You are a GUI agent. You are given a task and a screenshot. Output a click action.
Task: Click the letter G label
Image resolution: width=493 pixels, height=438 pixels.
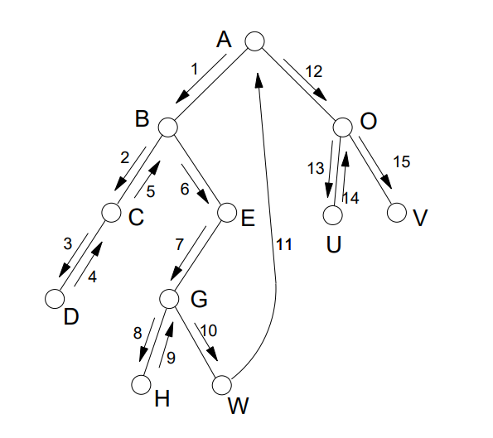[199, 299]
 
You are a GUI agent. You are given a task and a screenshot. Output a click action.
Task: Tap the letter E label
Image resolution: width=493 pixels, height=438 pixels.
[248, 218]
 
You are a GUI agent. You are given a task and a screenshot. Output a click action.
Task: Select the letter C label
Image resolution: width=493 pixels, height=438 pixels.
[136, 217]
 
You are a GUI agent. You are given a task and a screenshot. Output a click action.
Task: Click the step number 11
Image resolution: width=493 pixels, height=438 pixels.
[284, 244]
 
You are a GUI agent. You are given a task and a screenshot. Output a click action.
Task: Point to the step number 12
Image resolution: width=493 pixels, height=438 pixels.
[313, 72]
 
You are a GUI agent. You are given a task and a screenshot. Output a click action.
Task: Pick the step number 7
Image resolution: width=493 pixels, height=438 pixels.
[179, 244]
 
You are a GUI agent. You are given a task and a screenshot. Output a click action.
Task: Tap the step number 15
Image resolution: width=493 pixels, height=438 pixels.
[402, 161]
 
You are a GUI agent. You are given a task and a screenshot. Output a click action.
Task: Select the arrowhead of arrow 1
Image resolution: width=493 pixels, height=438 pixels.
[182, 97]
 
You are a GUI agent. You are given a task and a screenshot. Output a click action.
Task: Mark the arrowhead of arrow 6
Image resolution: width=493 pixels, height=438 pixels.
[203, 197]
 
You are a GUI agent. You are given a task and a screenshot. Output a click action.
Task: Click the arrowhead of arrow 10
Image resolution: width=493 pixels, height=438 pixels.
[213, 354]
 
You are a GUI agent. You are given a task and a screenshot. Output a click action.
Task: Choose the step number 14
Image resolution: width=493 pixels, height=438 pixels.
[350, 198]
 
